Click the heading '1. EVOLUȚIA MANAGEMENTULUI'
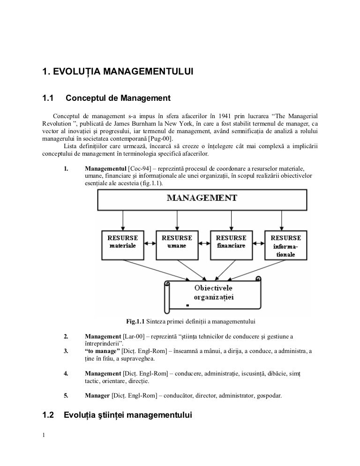pos(118,72)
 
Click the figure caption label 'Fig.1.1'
pos(135,322)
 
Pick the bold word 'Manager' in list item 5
pos(97,396)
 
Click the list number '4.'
pos(66,374)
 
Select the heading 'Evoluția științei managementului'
pos(127,415)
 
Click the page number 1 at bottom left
pos(44,436)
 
